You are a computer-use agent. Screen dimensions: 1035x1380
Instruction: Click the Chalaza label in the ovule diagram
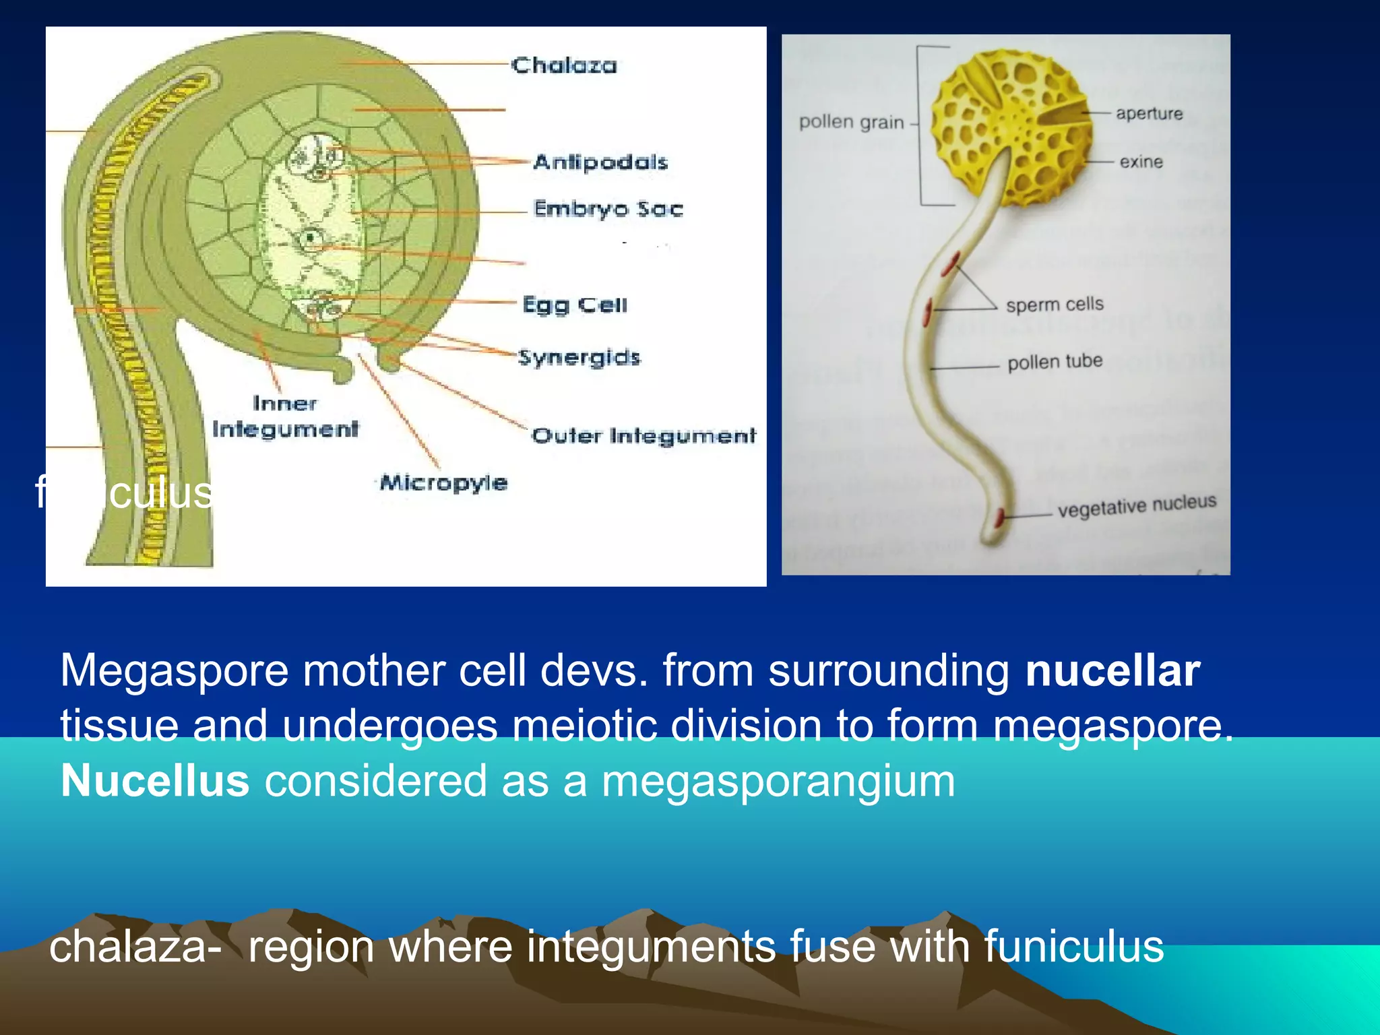(x=563, y=65)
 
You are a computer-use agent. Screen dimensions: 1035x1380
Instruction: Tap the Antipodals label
(x=600, y=162)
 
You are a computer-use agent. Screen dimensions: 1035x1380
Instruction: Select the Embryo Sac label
(x=608, y=209)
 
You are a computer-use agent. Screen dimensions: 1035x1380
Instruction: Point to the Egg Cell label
(x=575, y=305)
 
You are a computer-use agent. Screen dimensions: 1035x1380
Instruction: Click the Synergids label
(x=579, y=357)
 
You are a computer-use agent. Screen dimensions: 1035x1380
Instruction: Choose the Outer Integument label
(x=644, y=436)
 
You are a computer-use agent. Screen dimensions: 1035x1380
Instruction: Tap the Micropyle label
(x=443, y=482)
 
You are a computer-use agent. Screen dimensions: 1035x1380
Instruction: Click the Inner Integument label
(x=285, y=416)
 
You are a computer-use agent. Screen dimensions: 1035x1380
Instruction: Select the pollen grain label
(x=851, y=123)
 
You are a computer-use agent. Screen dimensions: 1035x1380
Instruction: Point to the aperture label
(x=1149, y=113)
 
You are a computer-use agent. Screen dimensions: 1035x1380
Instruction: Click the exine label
(x=1141, y=162)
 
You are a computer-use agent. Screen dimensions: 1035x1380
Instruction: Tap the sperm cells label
(x=1055, y=305)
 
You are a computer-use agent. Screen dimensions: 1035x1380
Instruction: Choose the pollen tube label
(x=1055, y=363)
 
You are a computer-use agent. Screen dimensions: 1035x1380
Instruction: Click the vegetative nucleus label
(x=1137, y=505)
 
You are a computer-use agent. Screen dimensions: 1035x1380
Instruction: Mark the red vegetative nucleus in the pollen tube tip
(x=1000, y=517)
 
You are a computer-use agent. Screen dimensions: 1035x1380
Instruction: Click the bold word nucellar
(x=1112, y=670)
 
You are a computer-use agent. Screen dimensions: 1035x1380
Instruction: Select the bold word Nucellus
(x=155, y=781)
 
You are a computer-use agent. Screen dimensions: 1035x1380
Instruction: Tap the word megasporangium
(x=778, y=781)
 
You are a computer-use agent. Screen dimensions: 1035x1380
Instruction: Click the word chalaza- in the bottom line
(x=135, y=946)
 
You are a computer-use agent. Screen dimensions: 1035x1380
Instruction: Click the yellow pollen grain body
(x=1011, y=128)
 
